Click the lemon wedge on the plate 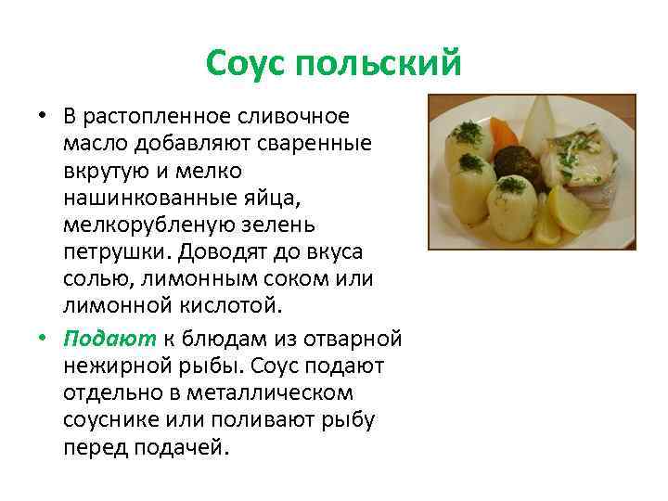point(567,212)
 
